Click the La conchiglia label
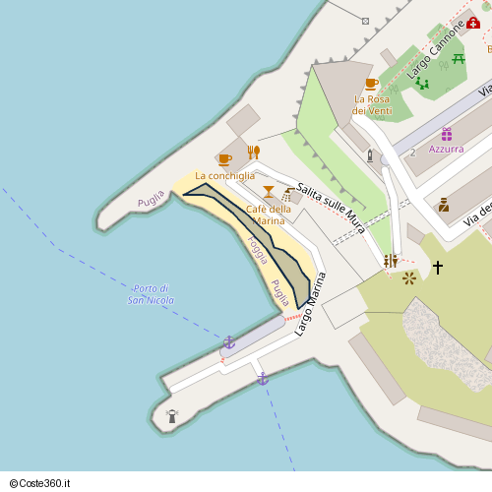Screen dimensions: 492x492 [224, 176]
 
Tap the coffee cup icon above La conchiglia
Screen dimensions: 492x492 [225, 159]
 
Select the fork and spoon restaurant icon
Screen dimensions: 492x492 [253, 152]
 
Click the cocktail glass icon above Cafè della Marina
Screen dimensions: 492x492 [268, 192]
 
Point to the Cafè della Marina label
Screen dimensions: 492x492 [268, 215]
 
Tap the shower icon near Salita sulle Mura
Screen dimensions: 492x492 [287, 195]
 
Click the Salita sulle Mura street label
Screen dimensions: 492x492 [331, 208]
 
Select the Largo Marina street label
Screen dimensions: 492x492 [310, 304]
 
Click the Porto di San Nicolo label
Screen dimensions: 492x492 [151, 293]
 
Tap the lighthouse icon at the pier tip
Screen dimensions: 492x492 [172, 415]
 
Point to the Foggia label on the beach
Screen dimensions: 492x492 [258, 250]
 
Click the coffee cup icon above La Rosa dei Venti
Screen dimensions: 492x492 [371, 84]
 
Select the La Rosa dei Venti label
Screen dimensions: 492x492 [373, 104]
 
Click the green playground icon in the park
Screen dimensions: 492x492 [422, 84]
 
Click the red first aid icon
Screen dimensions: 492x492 [473, 23]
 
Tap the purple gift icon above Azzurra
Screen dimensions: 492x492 [446, 134]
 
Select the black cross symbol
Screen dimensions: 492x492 [438, 267]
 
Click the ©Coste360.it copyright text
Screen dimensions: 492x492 [46, 483]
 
